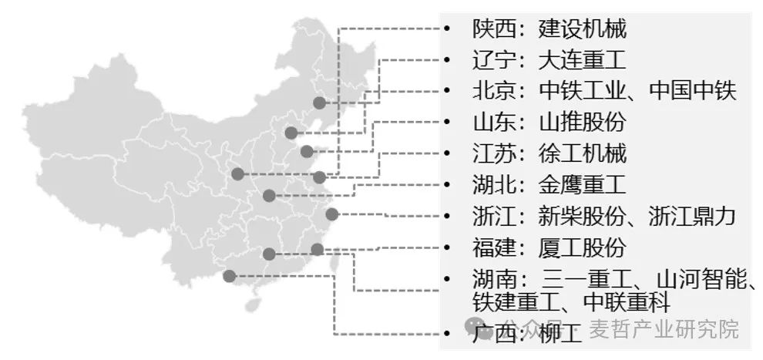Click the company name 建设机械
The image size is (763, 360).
pos(583,29)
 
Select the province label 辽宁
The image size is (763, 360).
pos(491,60)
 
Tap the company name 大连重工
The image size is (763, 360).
pos(583,60)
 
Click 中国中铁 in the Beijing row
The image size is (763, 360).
pos(694,91)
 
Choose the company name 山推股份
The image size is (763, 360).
pos(583,122)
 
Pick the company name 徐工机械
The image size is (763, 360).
pos(583,153)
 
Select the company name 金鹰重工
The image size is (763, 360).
pos(583,184)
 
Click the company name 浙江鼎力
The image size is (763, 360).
pos(694,216)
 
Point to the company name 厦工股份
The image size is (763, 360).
pos(583,248)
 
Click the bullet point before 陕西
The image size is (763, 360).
pos(446,29)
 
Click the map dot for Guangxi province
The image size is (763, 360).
pos(229,276)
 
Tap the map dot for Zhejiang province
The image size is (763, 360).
pos(331,214)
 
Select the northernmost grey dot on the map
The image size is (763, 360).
pos(319,103)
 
